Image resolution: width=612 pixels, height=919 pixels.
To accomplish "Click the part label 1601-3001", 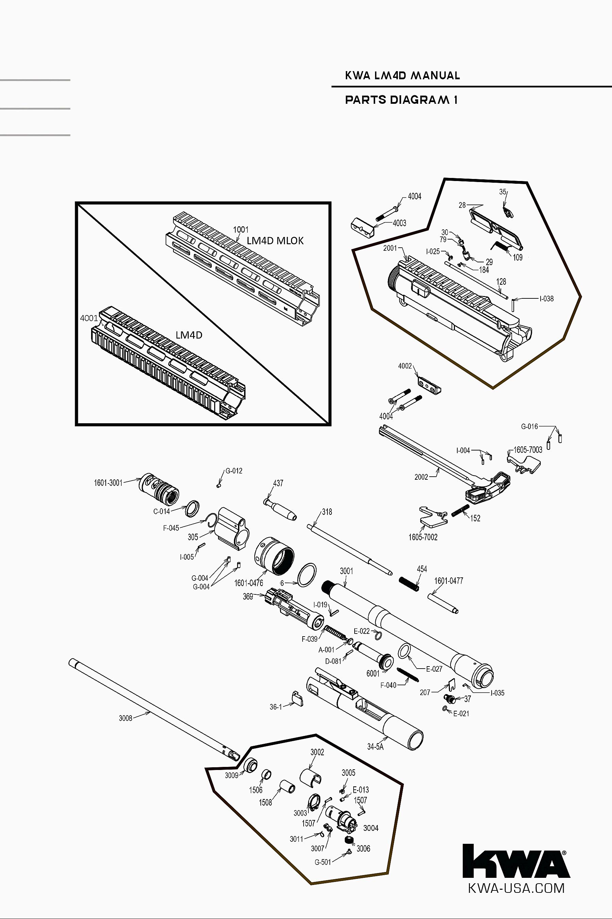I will [x=108, y=483].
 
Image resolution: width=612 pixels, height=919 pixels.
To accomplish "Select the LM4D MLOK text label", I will [x=275, y=241].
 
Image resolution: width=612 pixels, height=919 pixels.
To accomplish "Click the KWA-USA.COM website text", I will [x=516, y=888].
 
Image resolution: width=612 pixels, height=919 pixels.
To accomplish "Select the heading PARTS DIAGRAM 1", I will [x=401, y=100].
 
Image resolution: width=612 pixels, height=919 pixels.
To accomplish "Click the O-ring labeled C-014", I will [x=192, y=508].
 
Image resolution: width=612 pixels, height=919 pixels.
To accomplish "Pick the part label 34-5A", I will [x=375, y=747].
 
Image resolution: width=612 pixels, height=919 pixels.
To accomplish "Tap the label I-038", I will [x=546, y=299].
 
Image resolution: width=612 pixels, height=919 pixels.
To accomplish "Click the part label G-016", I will [x=529, y=427].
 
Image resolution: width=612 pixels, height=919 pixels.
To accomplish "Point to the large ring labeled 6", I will [x=306, y=575].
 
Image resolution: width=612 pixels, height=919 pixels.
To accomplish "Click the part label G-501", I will [x=323, y=862].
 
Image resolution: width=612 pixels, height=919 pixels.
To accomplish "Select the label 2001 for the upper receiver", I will [x=390, y=248].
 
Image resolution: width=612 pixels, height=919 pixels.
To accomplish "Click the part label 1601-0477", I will [x=448, y=581].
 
